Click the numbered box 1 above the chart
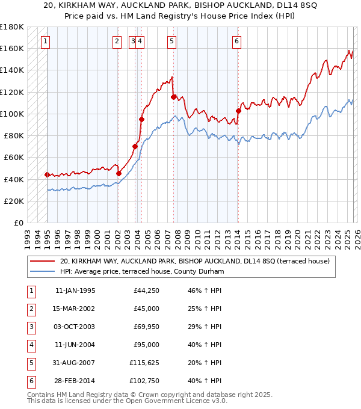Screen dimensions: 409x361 point(46,42)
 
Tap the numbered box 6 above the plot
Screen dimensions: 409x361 point(237,42)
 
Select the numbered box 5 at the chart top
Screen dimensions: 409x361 point(172,42)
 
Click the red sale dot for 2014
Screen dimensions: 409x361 point(238,111)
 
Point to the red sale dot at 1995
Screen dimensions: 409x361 point(47,174)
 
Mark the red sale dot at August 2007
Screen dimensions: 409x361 point(173,97)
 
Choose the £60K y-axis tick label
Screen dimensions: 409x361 point(13,157)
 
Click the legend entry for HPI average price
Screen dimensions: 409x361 point(142,272)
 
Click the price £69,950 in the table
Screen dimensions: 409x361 point(143,327)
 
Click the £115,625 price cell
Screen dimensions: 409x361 point(142,363)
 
